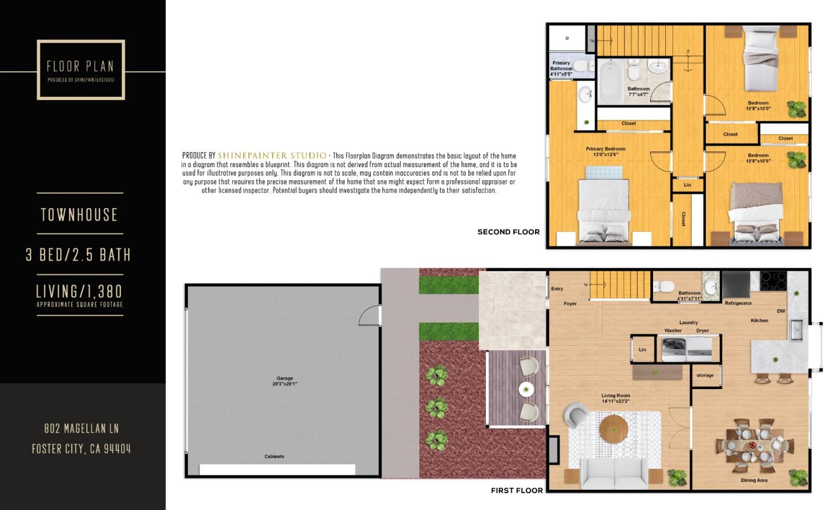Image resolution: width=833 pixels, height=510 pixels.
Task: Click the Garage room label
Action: [x=285, y=381]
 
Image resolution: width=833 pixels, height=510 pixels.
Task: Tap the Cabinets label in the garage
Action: [x=274, y=457]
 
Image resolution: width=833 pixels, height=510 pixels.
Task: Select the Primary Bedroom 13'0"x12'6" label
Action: [x=606, y=151]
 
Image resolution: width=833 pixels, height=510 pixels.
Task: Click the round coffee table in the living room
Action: [x=614, y=429]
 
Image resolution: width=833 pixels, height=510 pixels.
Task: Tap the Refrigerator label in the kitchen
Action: [x=738, y=303]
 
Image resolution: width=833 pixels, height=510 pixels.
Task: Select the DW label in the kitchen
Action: [x=781, y=311]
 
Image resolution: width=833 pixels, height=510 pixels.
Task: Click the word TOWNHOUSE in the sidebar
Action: [x=79, y=215]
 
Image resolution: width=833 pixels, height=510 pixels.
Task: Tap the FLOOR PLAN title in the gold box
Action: [x=80, y=66]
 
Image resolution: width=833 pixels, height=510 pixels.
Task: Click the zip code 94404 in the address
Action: [x=117, y=449]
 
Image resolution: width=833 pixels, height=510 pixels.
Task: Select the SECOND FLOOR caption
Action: [x=508, y=232]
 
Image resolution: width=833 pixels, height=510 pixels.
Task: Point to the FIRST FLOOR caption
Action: [x=517, y=490]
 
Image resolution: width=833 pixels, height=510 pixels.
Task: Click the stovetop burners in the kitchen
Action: [x=773, y=281]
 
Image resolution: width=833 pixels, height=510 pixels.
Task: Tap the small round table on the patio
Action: [x=526, y=389]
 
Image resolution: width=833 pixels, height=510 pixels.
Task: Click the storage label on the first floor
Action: [x=705, y=375]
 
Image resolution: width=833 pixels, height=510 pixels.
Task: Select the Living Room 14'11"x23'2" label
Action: [x=615, y=398]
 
